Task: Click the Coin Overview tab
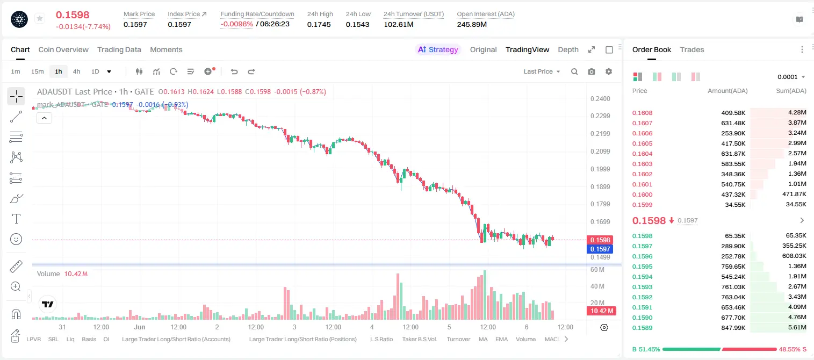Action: [63, 49]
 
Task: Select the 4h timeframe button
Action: [76, 71]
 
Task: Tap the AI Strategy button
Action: [438, 49]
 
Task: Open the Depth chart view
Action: [568, 49]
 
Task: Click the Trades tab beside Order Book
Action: [692, 49]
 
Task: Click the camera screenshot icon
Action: [592, 71]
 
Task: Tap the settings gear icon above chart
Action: [609, 71]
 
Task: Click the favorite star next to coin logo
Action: [40, 18]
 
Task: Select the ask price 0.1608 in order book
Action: [642, 113]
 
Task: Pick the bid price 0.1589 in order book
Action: [642, 328]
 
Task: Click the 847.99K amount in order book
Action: [733, 328]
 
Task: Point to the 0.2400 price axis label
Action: [600, 99]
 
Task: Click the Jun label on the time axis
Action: [140, 327]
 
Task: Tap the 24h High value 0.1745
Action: [319, 24]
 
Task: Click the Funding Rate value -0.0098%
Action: [236, 24]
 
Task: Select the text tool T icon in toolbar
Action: [16, 219]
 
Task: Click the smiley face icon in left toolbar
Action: [16, 239]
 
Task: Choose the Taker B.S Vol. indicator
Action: [419, 339]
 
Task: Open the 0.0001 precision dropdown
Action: [791, 77]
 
